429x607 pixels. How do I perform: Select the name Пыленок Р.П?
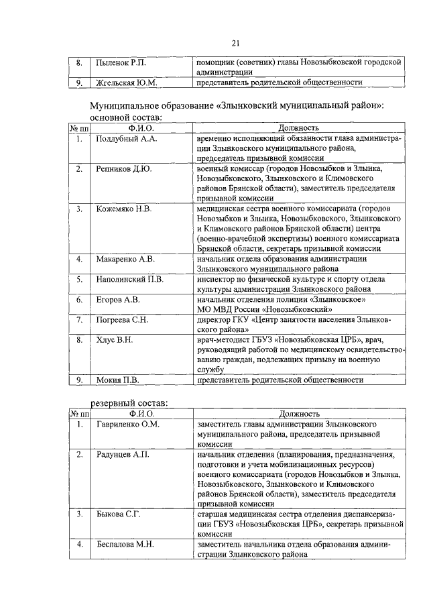point(120,62)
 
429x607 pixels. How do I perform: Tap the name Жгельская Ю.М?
point(126,83)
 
